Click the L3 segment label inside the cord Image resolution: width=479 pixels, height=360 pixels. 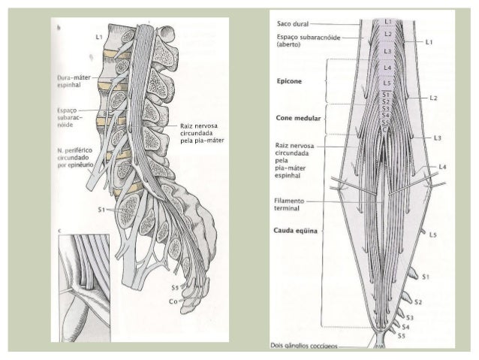tap(387, 50)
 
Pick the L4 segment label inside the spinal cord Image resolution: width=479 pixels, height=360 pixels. tap(387, 68)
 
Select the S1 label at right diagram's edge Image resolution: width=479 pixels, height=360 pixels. tap(426, 277)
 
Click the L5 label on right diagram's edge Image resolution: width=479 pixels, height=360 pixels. tap(433, 235)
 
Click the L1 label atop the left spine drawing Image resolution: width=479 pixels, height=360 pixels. tap(99, 36)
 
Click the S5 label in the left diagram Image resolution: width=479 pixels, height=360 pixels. tap(174, 289)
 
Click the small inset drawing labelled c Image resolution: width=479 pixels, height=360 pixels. tap(82, 286)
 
